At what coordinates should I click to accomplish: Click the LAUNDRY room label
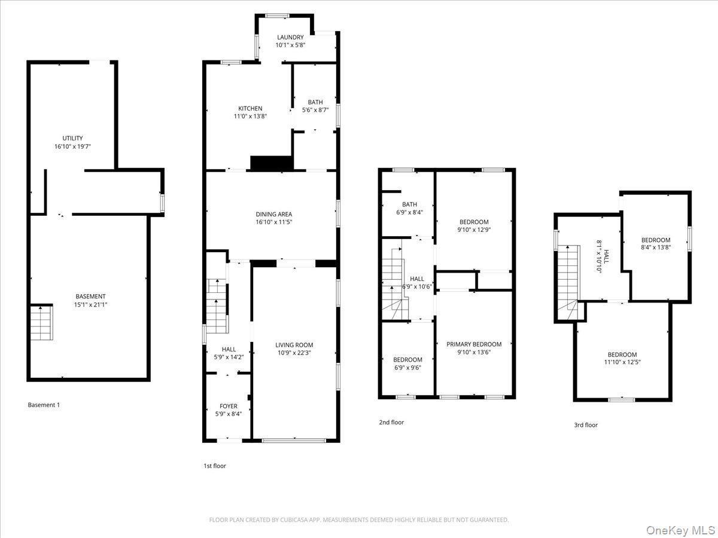pyautogui.click(x=290, y=37)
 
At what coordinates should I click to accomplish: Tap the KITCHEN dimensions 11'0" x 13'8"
pyautogui.click(x=250, y=117)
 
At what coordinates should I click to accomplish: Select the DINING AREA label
pyautogui.click(x=274, y=214)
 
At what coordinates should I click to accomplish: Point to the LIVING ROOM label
pyautogui.click(x=294, y=345)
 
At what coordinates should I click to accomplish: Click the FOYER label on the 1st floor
pyautogui.click(x=229, y=406)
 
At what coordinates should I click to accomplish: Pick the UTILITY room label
pyautogui.click(x=72, y=138)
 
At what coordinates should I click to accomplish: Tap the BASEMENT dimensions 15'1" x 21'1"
pyautogui.click(x=90, y=304)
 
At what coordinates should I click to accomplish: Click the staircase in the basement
pyautogui.click(x=42, y=323)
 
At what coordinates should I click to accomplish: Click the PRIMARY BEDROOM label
pyautogui.click(x=474, y=344)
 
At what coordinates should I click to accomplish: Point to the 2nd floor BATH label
pyautogui.click(x=409, y=204)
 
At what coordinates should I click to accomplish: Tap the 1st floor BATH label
pyautogui.click(x=315, y=102)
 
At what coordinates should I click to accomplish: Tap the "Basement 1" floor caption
pyautogui.click(x=44, y=405)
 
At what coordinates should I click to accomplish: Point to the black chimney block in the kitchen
pyautogui.click(x=270, y=163)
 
